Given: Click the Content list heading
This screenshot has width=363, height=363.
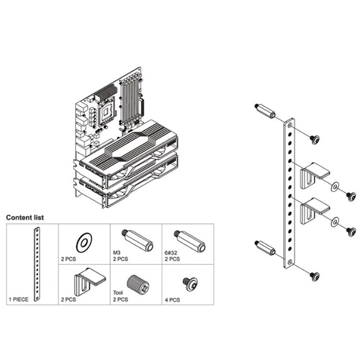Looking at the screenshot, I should [x=25, y=218].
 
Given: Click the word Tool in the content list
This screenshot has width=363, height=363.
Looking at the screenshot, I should [x=117, y=293].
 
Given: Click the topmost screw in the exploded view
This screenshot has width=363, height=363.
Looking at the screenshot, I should [x=314, y=139].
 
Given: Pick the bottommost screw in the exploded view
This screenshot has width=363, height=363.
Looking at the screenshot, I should [x=314, y=275].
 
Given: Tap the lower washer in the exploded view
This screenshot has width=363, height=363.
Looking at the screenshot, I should [x=335, y=222].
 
